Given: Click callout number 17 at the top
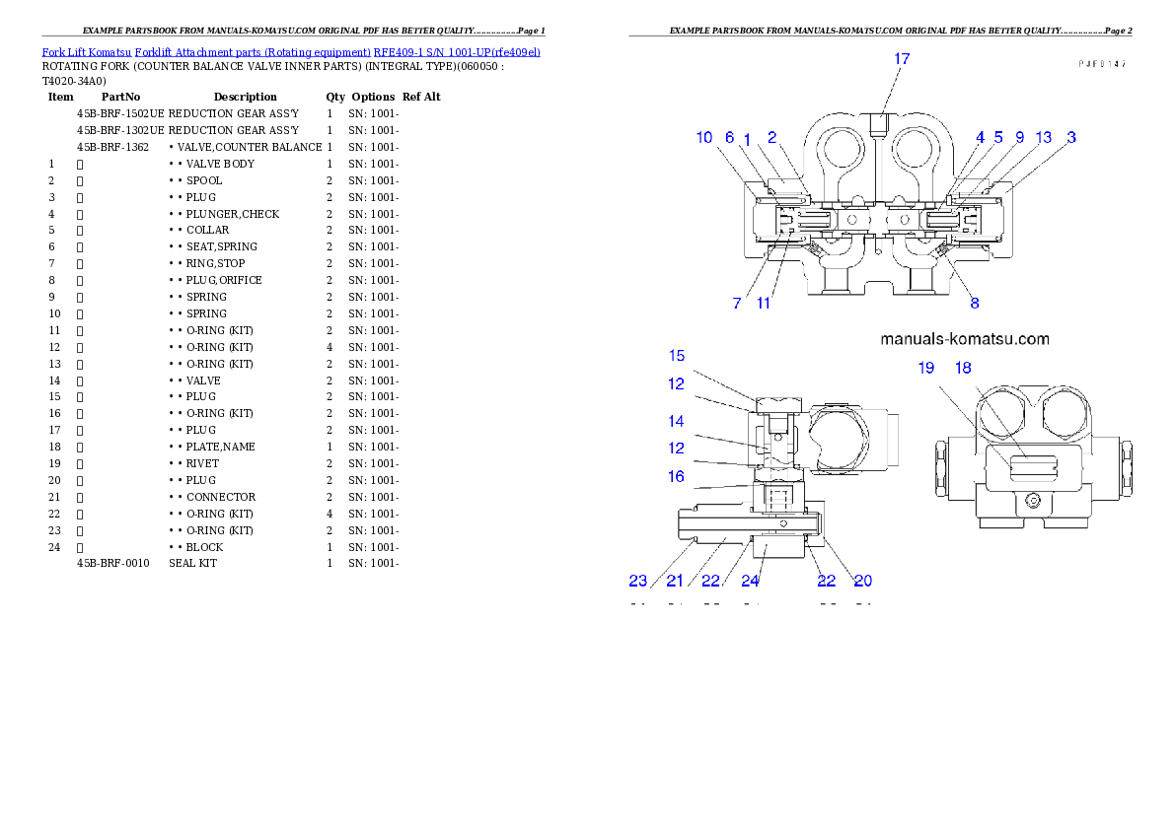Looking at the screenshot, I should (902, 59).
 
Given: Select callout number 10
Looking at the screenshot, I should (704, 138).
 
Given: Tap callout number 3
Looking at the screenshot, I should (1070, 138).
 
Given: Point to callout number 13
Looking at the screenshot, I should (1044, 138).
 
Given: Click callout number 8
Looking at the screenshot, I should (975, 304).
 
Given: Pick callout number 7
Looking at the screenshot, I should (737, 304).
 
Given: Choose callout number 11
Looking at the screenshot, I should (764, 304).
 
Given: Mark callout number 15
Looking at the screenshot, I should (676, 356).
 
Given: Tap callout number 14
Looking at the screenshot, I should (676, 421).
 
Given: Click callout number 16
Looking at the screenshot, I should (676, 476).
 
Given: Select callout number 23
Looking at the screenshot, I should (639, 582).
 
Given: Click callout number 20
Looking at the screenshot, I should (862, 582).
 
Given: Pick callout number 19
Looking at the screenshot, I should (925, 368).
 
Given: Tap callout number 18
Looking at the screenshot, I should (963, 368).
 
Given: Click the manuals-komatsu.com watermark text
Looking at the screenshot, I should (964, 339).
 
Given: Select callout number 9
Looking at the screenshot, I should (1019, 138).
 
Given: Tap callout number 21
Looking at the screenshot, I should (675, 582).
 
